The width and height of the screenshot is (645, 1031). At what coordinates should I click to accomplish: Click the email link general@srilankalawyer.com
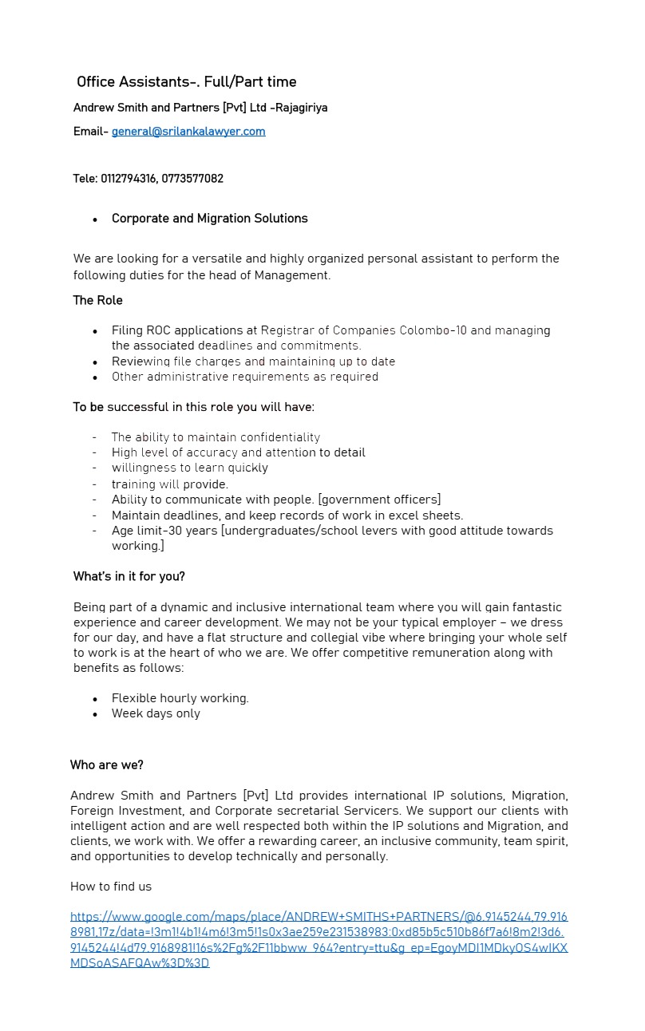[188, 132]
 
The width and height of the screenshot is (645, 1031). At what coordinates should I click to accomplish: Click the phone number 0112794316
[129, 179]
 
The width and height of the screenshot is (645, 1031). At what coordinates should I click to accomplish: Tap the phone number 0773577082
[192, 179]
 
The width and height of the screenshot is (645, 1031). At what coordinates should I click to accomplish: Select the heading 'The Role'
[98, 301]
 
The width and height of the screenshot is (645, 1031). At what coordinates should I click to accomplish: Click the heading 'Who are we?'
[107, 765]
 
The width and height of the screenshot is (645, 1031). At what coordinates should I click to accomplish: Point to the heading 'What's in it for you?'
[129, 577]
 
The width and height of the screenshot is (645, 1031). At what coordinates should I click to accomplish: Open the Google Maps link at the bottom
[319, 940]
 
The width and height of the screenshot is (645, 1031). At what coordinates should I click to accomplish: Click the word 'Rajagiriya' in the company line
[302, 108]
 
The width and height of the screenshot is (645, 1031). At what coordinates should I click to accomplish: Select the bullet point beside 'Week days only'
[95, 715]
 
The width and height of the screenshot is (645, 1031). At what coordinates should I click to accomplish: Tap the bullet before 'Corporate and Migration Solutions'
[95, 219]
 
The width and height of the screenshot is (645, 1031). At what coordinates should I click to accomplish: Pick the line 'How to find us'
[111, 887]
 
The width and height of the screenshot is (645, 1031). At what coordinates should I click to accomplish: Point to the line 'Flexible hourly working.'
[180, 698]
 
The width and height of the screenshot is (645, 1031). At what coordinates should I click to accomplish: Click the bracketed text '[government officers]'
[379, 500]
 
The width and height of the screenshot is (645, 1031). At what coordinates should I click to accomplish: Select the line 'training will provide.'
[170, 484]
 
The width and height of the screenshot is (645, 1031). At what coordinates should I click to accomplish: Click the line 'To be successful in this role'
[194, 408]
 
